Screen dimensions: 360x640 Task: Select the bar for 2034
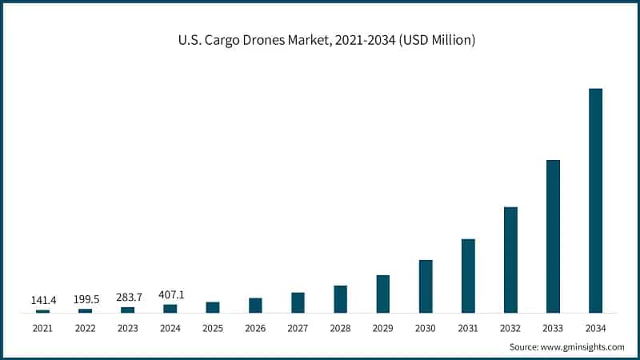point(595,200)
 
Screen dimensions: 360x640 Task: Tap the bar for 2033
point(553,236)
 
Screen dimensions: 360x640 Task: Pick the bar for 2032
point(510,259)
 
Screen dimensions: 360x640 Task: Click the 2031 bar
point(468,275)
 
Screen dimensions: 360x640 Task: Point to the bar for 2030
point(426,286)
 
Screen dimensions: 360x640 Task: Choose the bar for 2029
point(383,294)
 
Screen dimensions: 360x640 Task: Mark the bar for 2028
point(340,298)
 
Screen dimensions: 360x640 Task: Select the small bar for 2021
point(42,310)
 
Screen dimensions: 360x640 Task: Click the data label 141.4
point(42,300)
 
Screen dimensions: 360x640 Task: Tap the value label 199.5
point(85,298)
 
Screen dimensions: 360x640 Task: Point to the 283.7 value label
point(127,297)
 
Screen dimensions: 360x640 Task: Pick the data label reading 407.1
point(170,294)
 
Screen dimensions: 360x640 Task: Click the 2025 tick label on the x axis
point(213,327)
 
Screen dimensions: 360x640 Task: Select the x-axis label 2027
point(298,327)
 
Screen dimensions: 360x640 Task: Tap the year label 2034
point(595,327)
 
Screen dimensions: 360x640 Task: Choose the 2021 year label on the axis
point(42,327)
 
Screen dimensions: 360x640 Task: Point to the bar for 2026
point(255,305)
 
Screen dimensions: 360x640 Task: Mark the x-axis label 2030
point(426,327)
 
